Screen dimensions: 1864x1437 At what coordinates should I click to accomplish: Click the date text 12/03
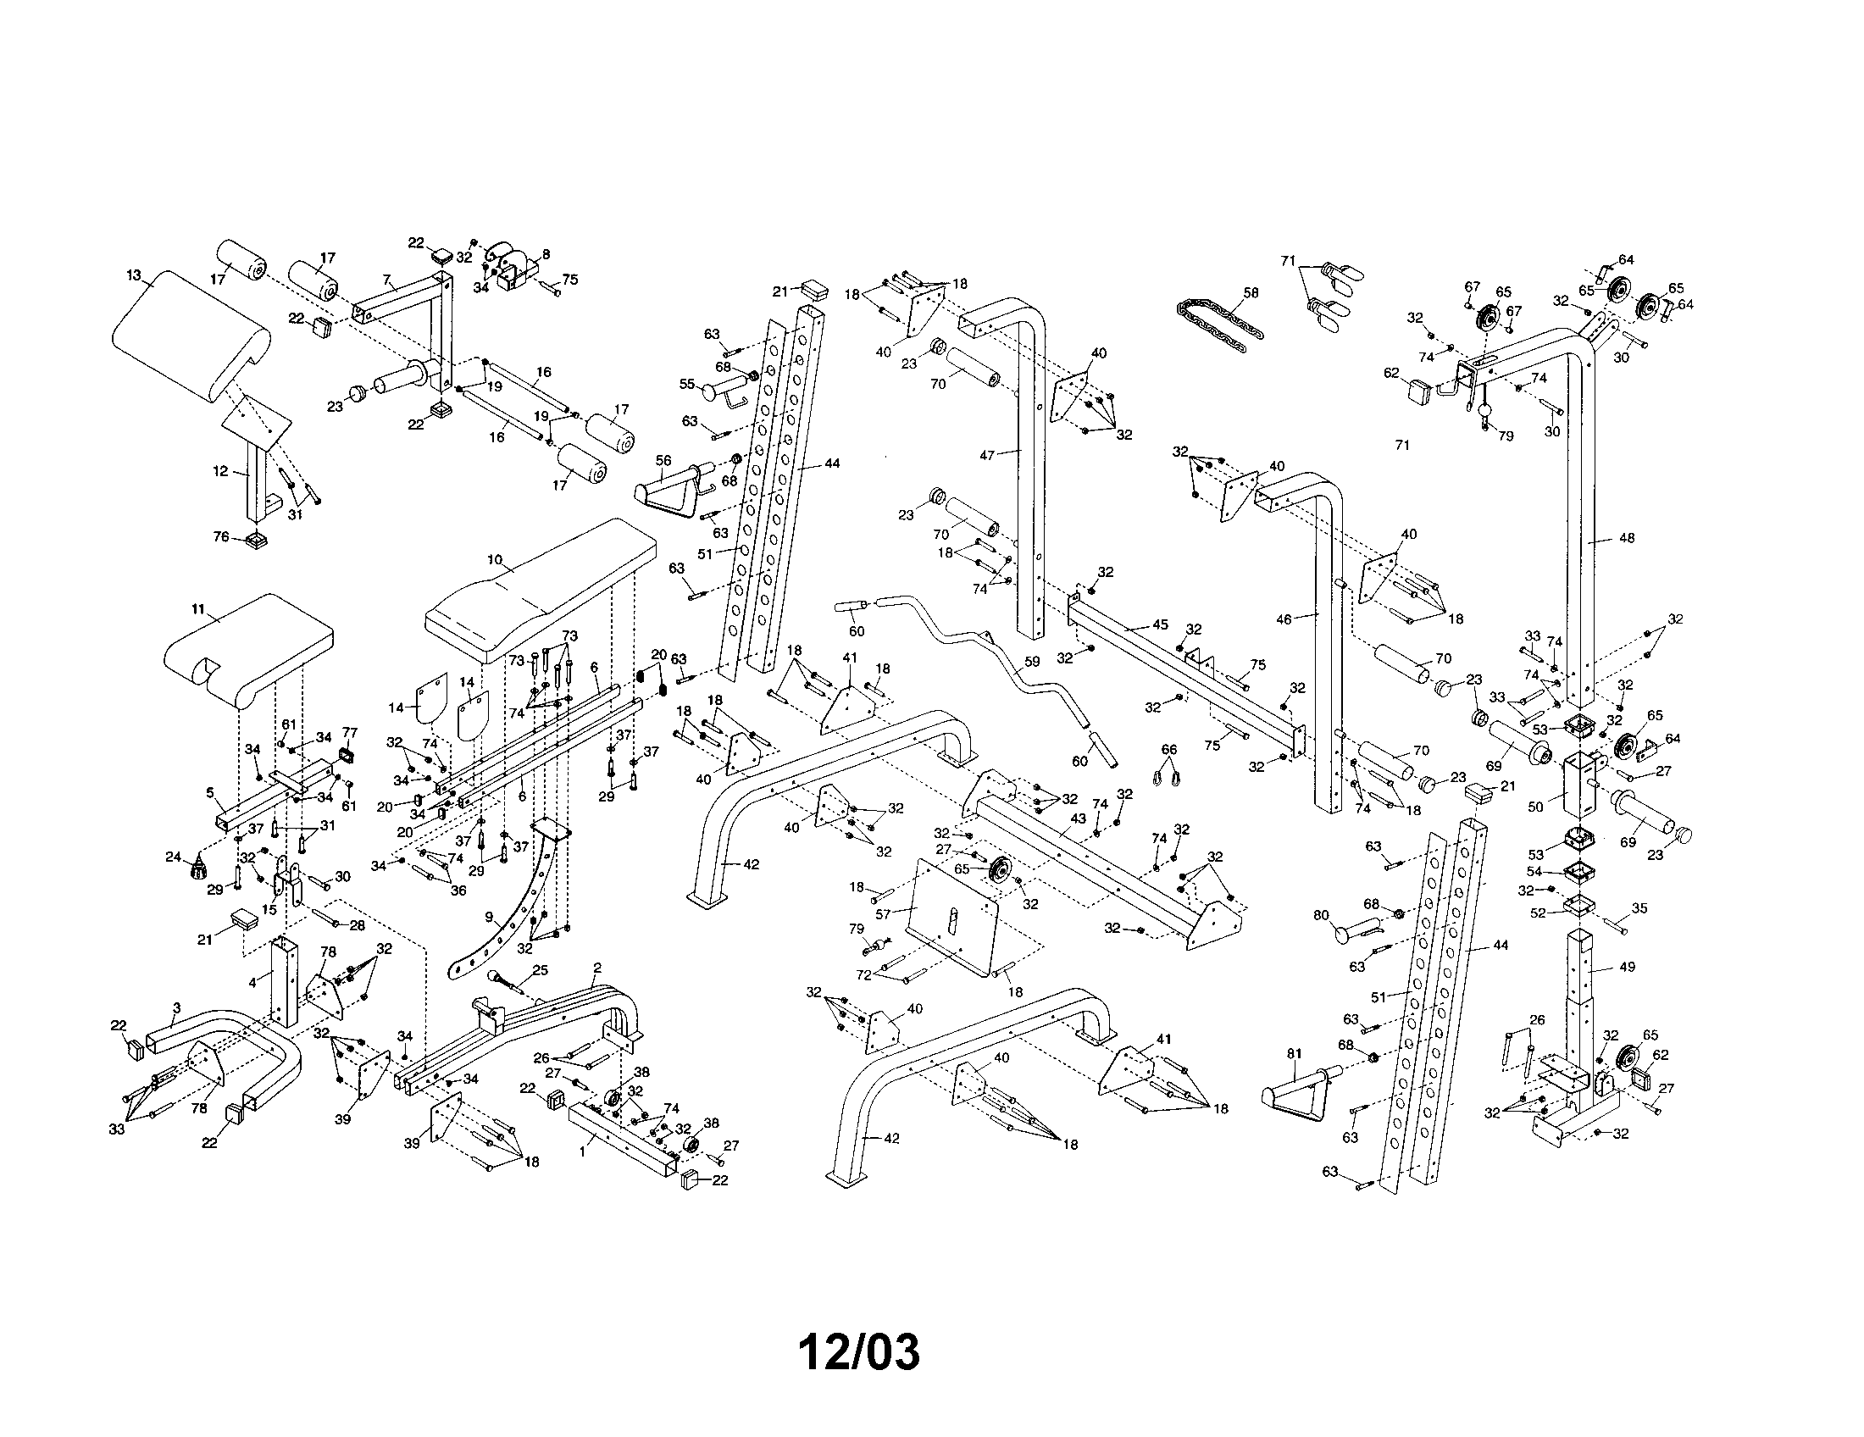(x=859, y=1352)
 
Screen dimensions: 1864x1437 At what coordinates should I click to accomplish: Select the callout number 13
(x=134, y=275)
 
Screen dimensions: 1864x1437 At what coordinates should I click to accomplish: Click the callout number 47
(x=987, y=455)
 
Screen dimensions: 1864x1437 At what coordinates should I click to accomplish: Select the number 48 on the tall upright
(x=1627, y=538)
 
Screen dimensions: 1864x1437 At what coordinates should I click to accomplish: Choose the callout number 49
(x=1628, y=967)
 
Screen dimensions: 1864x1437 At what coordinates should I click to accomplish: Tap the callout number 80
(x=1321, y=916)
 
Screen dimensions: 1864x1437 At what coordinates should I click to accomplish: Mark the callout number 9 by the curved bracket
(x=489, y=918)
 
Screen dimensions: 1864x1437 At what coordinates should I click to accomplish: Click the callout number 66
(x=1169, y=749)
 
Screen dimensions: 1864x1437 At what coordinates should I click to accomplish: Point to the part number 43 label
(x=1078, y=818)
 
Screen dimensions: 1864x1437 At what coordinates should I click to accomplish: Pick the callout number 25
(x=540, y=970)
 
